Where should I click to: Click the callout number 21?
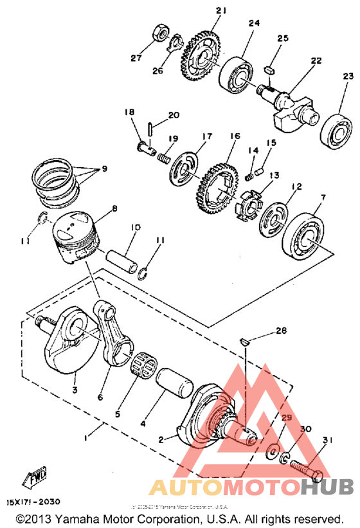click(204, 11)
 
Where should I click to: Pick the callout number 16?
click(234, 137)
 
